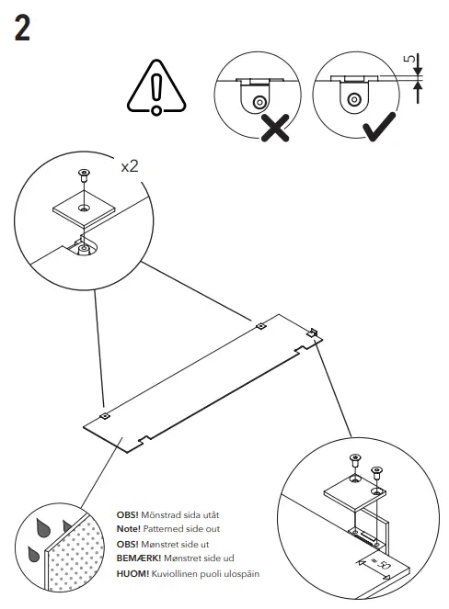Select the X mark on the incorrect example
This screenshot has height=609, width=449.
pyautogui.click(x=272, y=128)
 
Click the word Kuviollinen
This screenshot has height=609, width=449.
pyautogui.click(x=181, y=573)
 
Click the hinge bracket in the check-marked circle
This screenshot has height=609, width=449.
pyautogui.click(x=352, y=96)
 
